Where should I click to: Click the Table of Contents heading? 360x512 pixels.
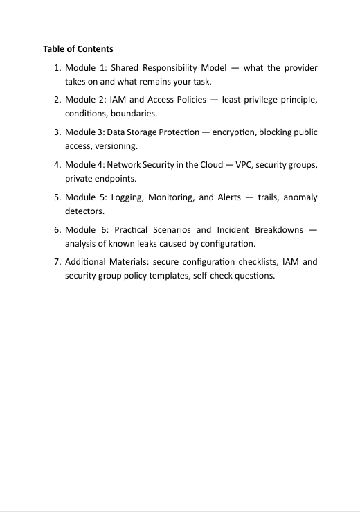coord(78,49)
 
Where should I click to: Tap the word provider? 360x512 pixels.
coord(300,68)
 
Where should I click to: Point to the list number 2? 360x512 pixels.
coord(57,100)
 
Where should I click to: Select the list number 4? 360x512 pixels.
coord(57,164)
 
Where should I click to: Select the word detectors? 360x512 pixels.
coord(84,211)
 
